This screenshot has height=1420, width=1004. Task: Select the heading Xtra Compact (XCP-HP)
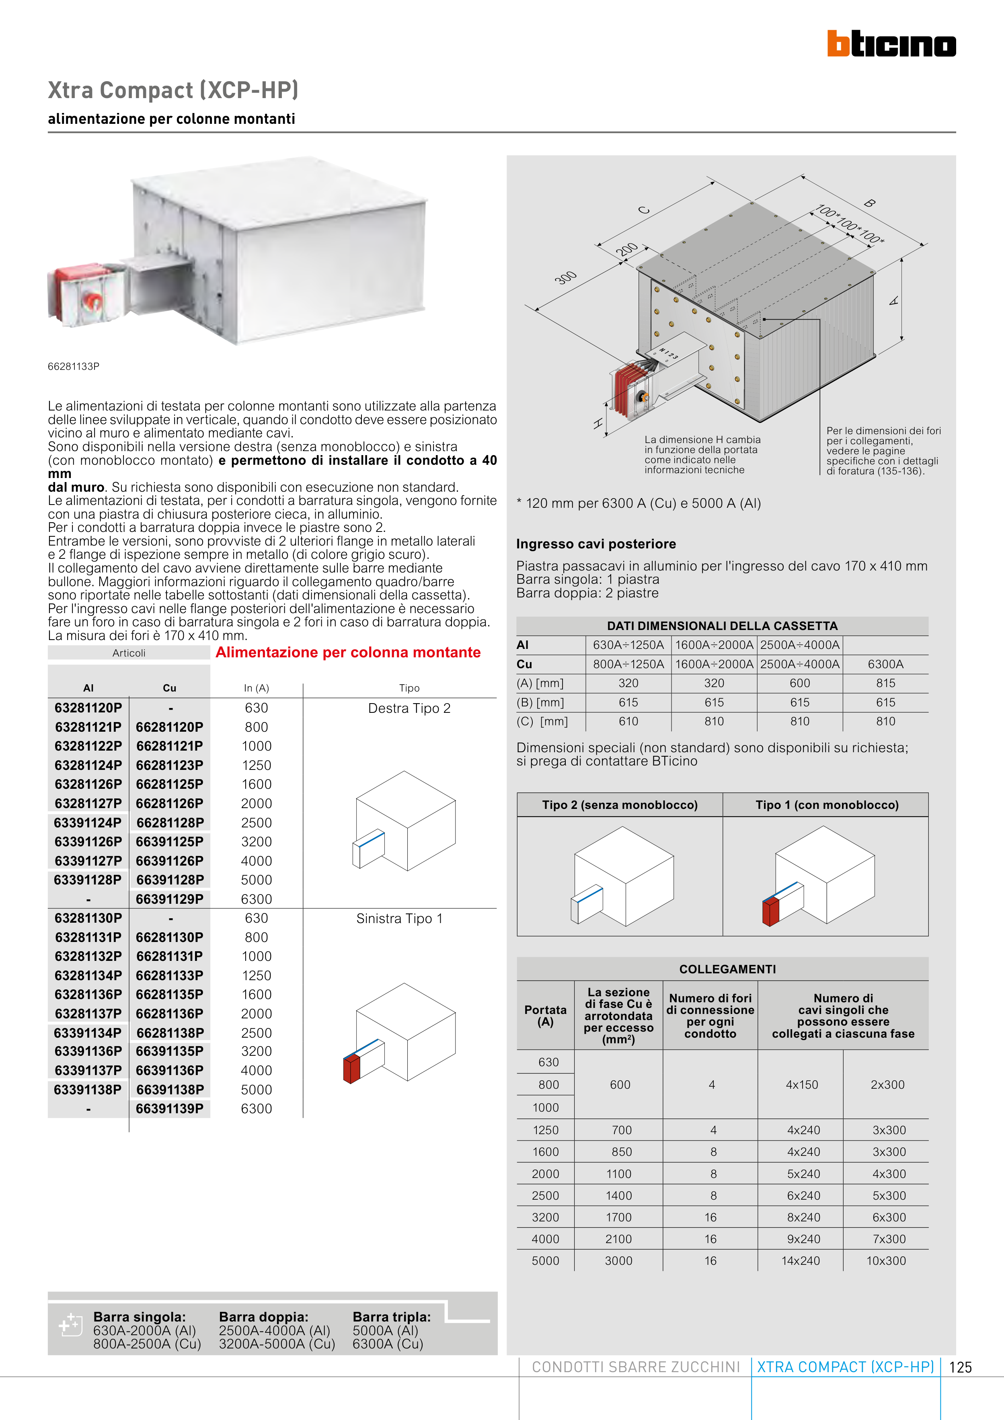click(x=173, y=90)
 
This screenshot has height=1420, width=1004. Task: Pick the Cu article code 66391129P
click(x=170, y=899)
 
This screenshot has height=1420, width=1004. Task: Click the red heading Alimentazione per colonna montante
click(x=348, y=653)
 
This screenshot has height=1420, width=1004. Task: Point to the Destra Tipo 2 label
click(x=409, y=708)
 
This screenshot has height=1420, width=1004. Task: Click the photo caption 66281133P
click(x=74, y=366)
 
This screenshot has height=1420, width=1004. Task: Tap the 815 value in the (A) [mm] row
click(x=885, y=683)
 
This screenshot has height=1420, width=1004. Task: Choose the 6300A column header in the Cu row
click(x=885, y=664)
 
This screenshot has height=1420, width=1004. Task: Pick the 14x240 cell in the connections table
click(x=801, y=1260)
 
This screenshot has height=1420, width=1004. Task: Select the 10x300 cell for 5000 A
click(x=885, y=1260)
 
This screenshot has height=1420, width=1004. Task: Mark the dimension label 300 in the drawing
click(x=565, y=278)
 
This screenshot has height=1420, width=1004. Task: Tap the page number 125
click(x=960, y=1367)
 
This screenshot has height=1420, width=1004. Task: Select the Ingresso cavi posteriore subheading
click(x=596, y=544)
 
